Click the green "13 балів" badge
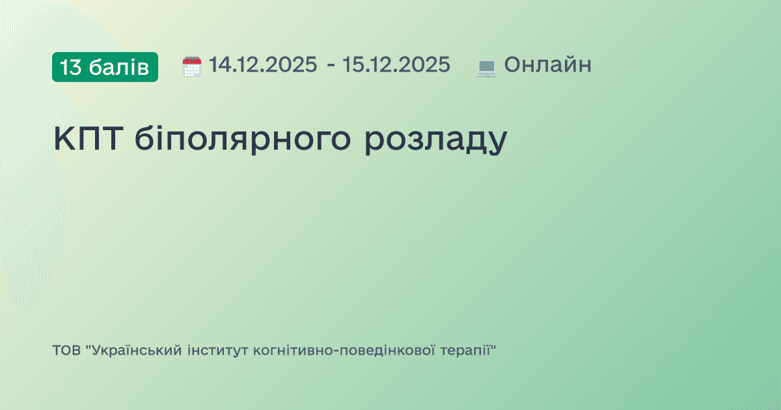pyautogui.click(x=105, y=66)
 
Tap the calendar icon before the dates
pyautogui.click(x=192, y=66)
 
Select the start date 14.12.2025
pyautogui.click(x=263, y=65)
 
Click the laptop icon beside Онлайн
pyautogui.click(x=487, y=67)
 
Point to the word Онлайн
pyautogui.click(x=547, y=65)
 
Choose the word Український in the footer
pyautogui.click(x=137, y=351)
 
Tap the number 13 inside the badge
pyautogui.click(x=70, y=66)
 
